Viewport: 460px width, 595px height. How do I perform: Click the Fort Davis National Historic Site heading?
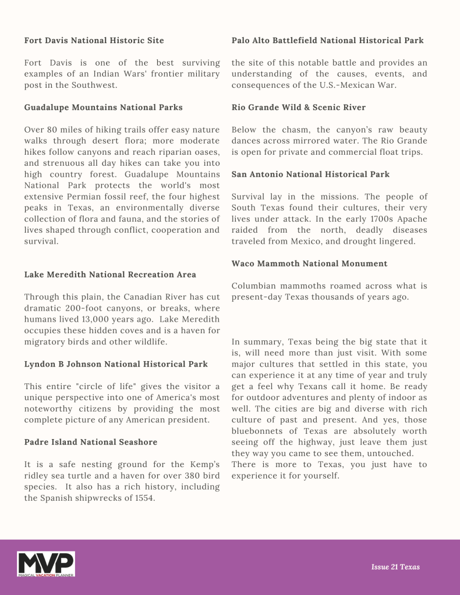click(x=94, y=40)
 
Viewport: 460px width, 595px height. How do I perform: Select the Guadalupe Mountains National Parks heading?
click(x=103, y=107)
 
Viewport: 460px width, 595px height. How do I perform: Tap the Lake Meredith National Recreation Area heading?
click(x=110, y=274)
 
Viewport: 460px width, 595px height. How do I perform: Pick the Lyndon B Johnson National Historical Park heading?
click(x=116, y=364)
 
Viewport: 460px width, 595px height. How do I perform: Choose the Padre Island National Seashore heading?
click(x=91, y=442)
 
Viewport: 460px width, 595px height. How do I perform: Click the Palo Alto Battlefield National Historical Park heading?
click(x=327, y=40)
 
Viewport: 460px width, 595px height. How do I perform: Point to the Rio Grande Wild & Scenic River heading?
click(x=298, y=107)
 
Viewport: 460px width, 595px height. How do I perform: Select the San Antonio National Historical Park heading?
click(x=310, y=174)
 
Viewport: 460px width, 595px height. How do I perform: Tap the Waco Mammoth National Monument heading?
click(x=309, y=263)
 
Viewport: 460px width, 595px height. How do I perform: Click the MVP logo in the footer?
click(x=46, y=564)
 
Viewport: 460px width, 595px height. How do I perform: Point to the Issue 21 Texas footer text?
click(x=395, y=567)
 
